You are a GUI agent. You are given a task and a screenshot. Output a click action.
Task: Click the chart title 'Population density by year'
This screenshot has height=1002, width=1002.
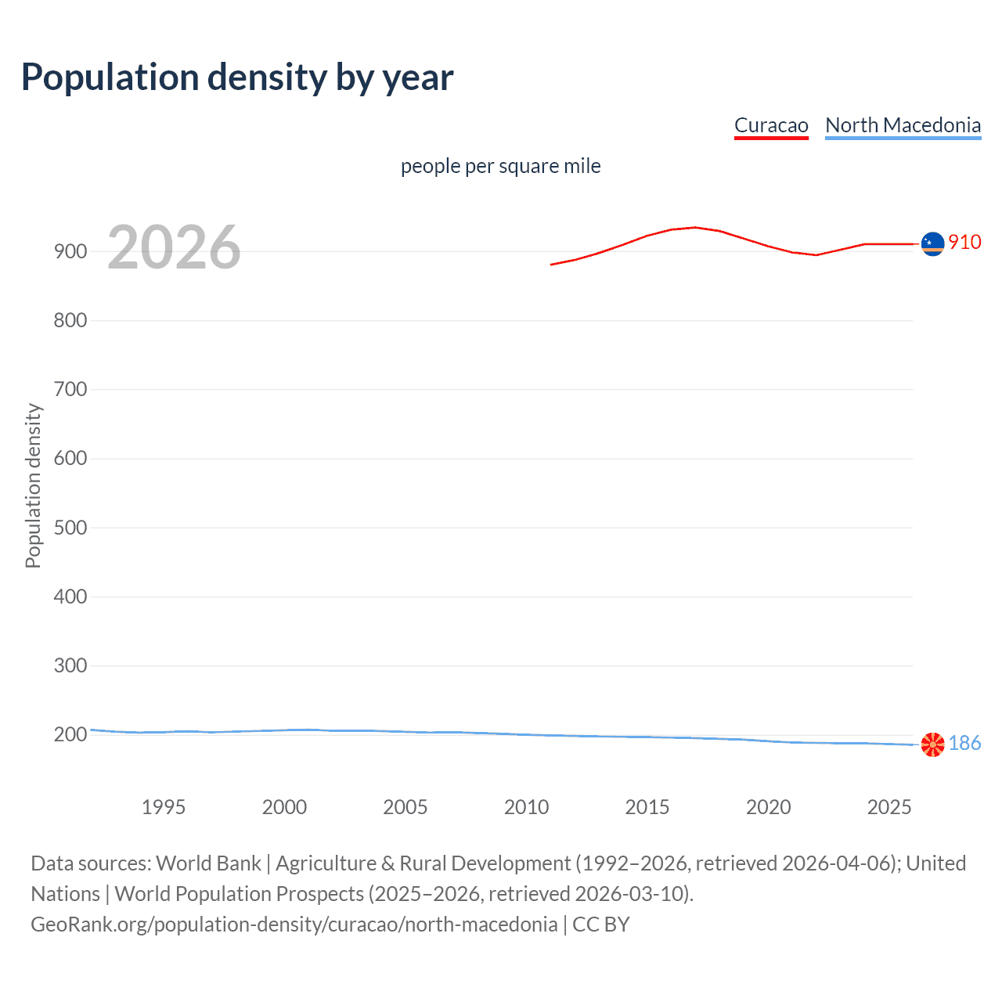237,77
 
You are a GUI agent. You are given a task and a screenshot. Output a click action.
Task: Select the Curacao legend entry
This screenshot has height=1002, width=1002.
771,125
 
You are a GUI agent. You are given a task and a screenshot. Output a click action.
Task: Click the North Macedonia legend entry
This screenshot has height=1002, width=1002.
903,125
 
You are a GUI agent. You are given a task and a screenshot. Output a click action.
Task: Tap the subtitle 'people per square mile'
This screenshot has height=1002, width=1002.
500,166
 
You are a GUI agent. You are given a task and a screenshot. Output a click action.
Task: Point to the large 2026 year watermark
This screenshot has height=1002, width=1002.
174,247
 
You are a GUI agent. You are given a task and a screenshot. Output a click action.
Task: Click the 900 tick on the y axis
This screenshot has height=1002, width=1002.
70,251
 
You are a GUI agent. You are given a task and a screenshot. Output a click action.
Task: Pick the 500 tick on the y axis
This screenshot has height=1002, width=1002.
70,528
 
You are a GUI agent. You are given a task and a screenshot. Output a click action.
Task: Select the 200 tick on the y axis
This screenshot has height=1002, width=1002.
70,734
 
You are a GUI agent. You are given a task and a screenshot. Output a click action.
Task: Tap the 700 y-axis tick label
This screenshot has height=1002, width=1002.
70,389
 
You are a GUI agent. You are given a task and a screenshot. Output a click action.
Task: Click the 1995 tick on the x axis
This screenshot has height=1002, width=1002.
164,807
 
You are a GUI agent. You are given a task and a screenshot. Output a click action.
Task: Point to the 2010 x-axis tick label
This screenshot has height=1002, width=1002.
526,807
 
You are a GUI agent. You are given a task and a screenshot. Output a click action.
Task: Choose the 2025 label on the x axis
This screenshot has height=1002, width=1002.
889,807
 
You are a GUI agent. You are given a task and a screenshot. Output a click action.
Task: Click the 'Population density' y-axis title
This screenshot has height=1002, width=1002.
33,485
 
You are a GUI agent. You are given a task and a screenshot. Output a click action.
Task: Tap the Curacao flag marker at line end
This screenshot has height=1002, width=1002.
932,244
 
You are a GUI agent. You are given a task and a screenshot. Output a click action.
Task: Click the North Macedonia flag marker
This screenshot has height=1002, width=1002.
932,744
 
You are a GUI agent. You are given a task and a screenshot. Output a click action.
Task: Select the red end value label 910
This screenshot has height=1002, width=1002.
964,242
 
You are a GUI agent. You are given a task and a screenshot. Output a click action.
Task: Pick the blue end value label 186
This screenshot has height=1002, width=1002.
964,743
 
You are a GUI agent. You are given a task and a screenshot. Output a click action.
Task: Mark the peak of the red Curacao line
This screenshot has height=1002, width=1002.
694,227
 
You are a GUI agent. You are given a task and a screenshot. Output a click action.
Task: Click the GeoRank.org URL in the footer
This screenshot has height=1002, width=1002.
294,925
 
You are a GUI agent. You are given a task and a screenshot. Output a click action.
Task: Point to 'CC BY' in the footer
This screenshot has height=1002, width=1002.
601,925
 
